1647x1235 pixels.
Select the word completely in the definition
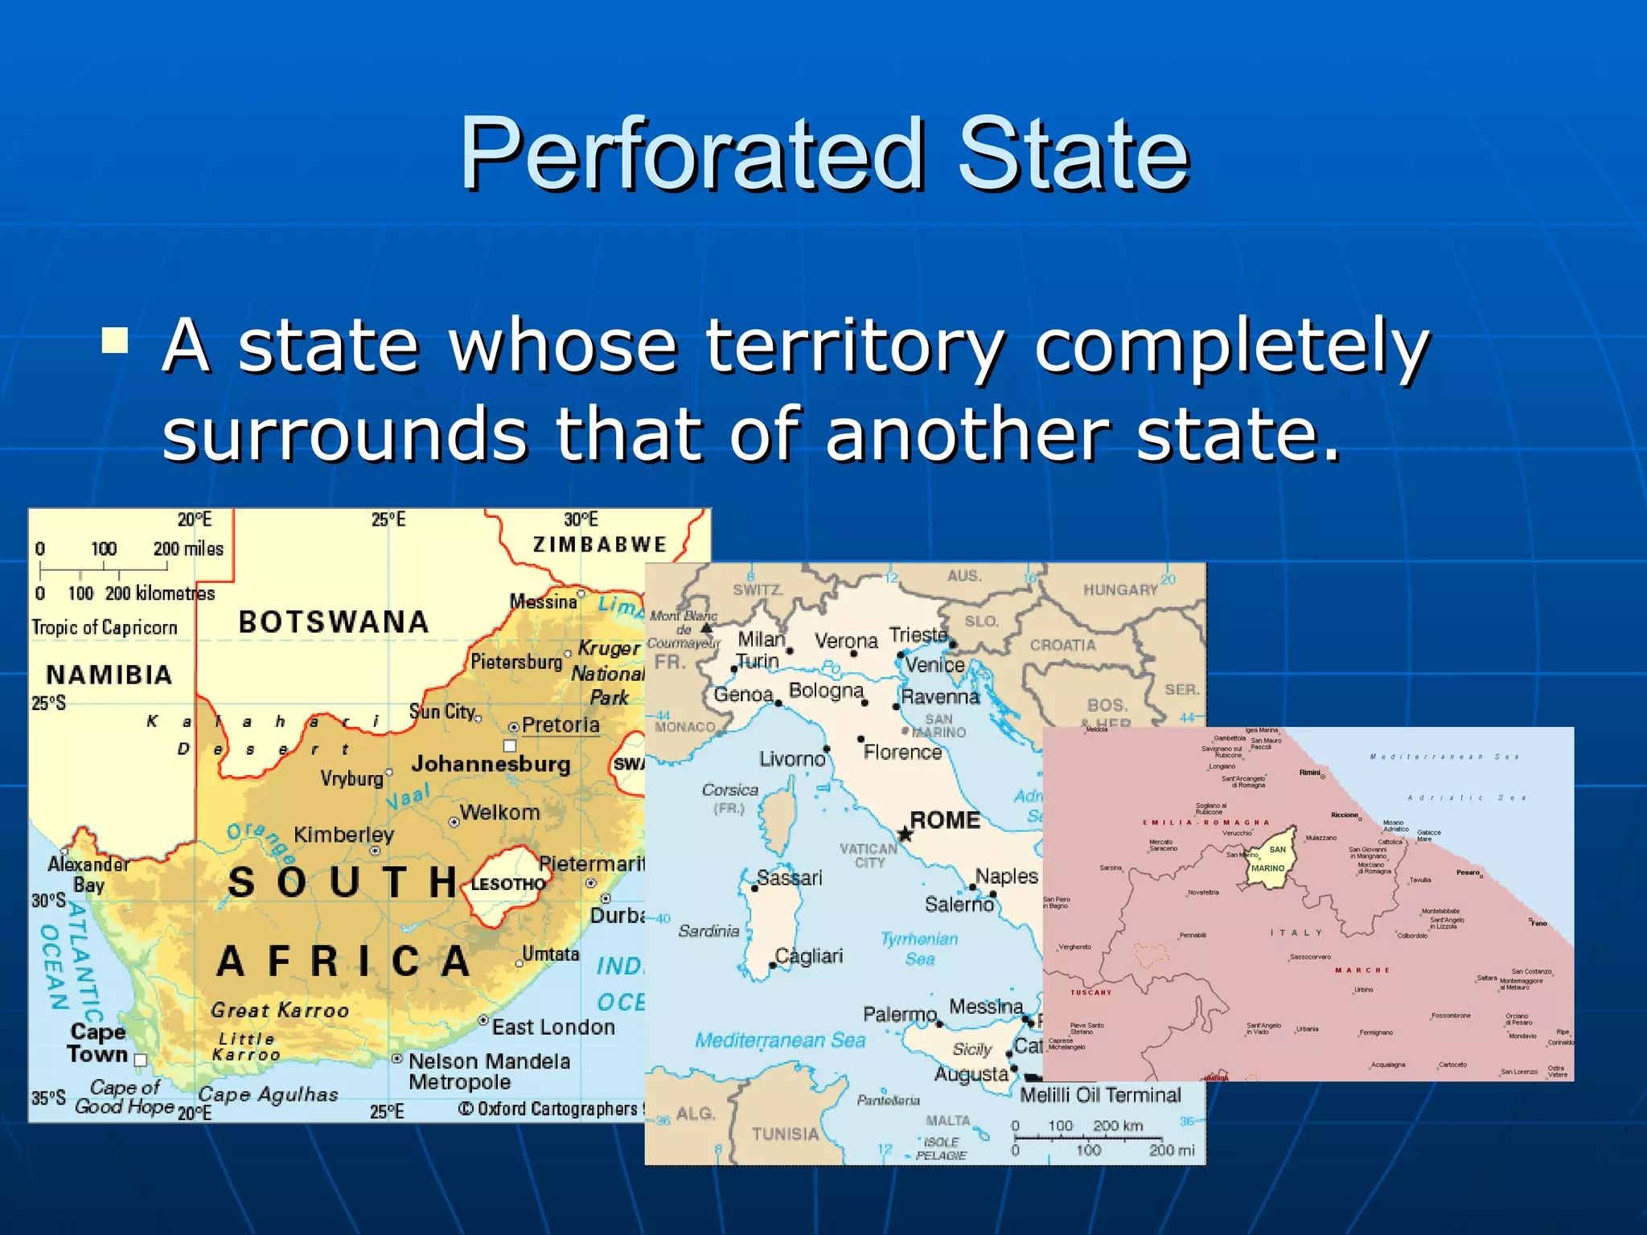point(1230,347)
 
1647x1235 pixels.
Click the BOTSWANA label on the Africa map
point(334,622)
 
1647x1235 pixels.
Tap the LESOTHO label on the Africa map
point(507,884)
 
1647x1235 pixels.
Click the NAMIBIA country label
point(109,675)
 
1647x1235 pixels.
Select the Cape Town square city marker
point(141,1060)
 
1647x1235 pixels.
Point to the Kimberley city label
point(343,835)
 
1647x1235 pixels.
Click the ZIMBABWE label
point(600,544)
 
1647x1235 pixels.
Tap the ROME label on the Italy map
point(945,820)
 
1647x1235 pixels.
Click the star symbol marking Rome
point(905,835)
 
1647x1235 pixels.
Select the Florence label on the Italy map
point(902,752)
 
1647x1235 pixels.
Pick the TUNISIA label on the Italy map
point(785,1134)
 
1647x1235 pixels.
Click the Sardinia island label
point(708,931)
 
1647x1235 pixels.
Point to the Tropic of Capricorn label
point(105,627)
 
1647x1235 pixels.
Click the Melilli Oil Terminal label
point(1100,1095)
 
